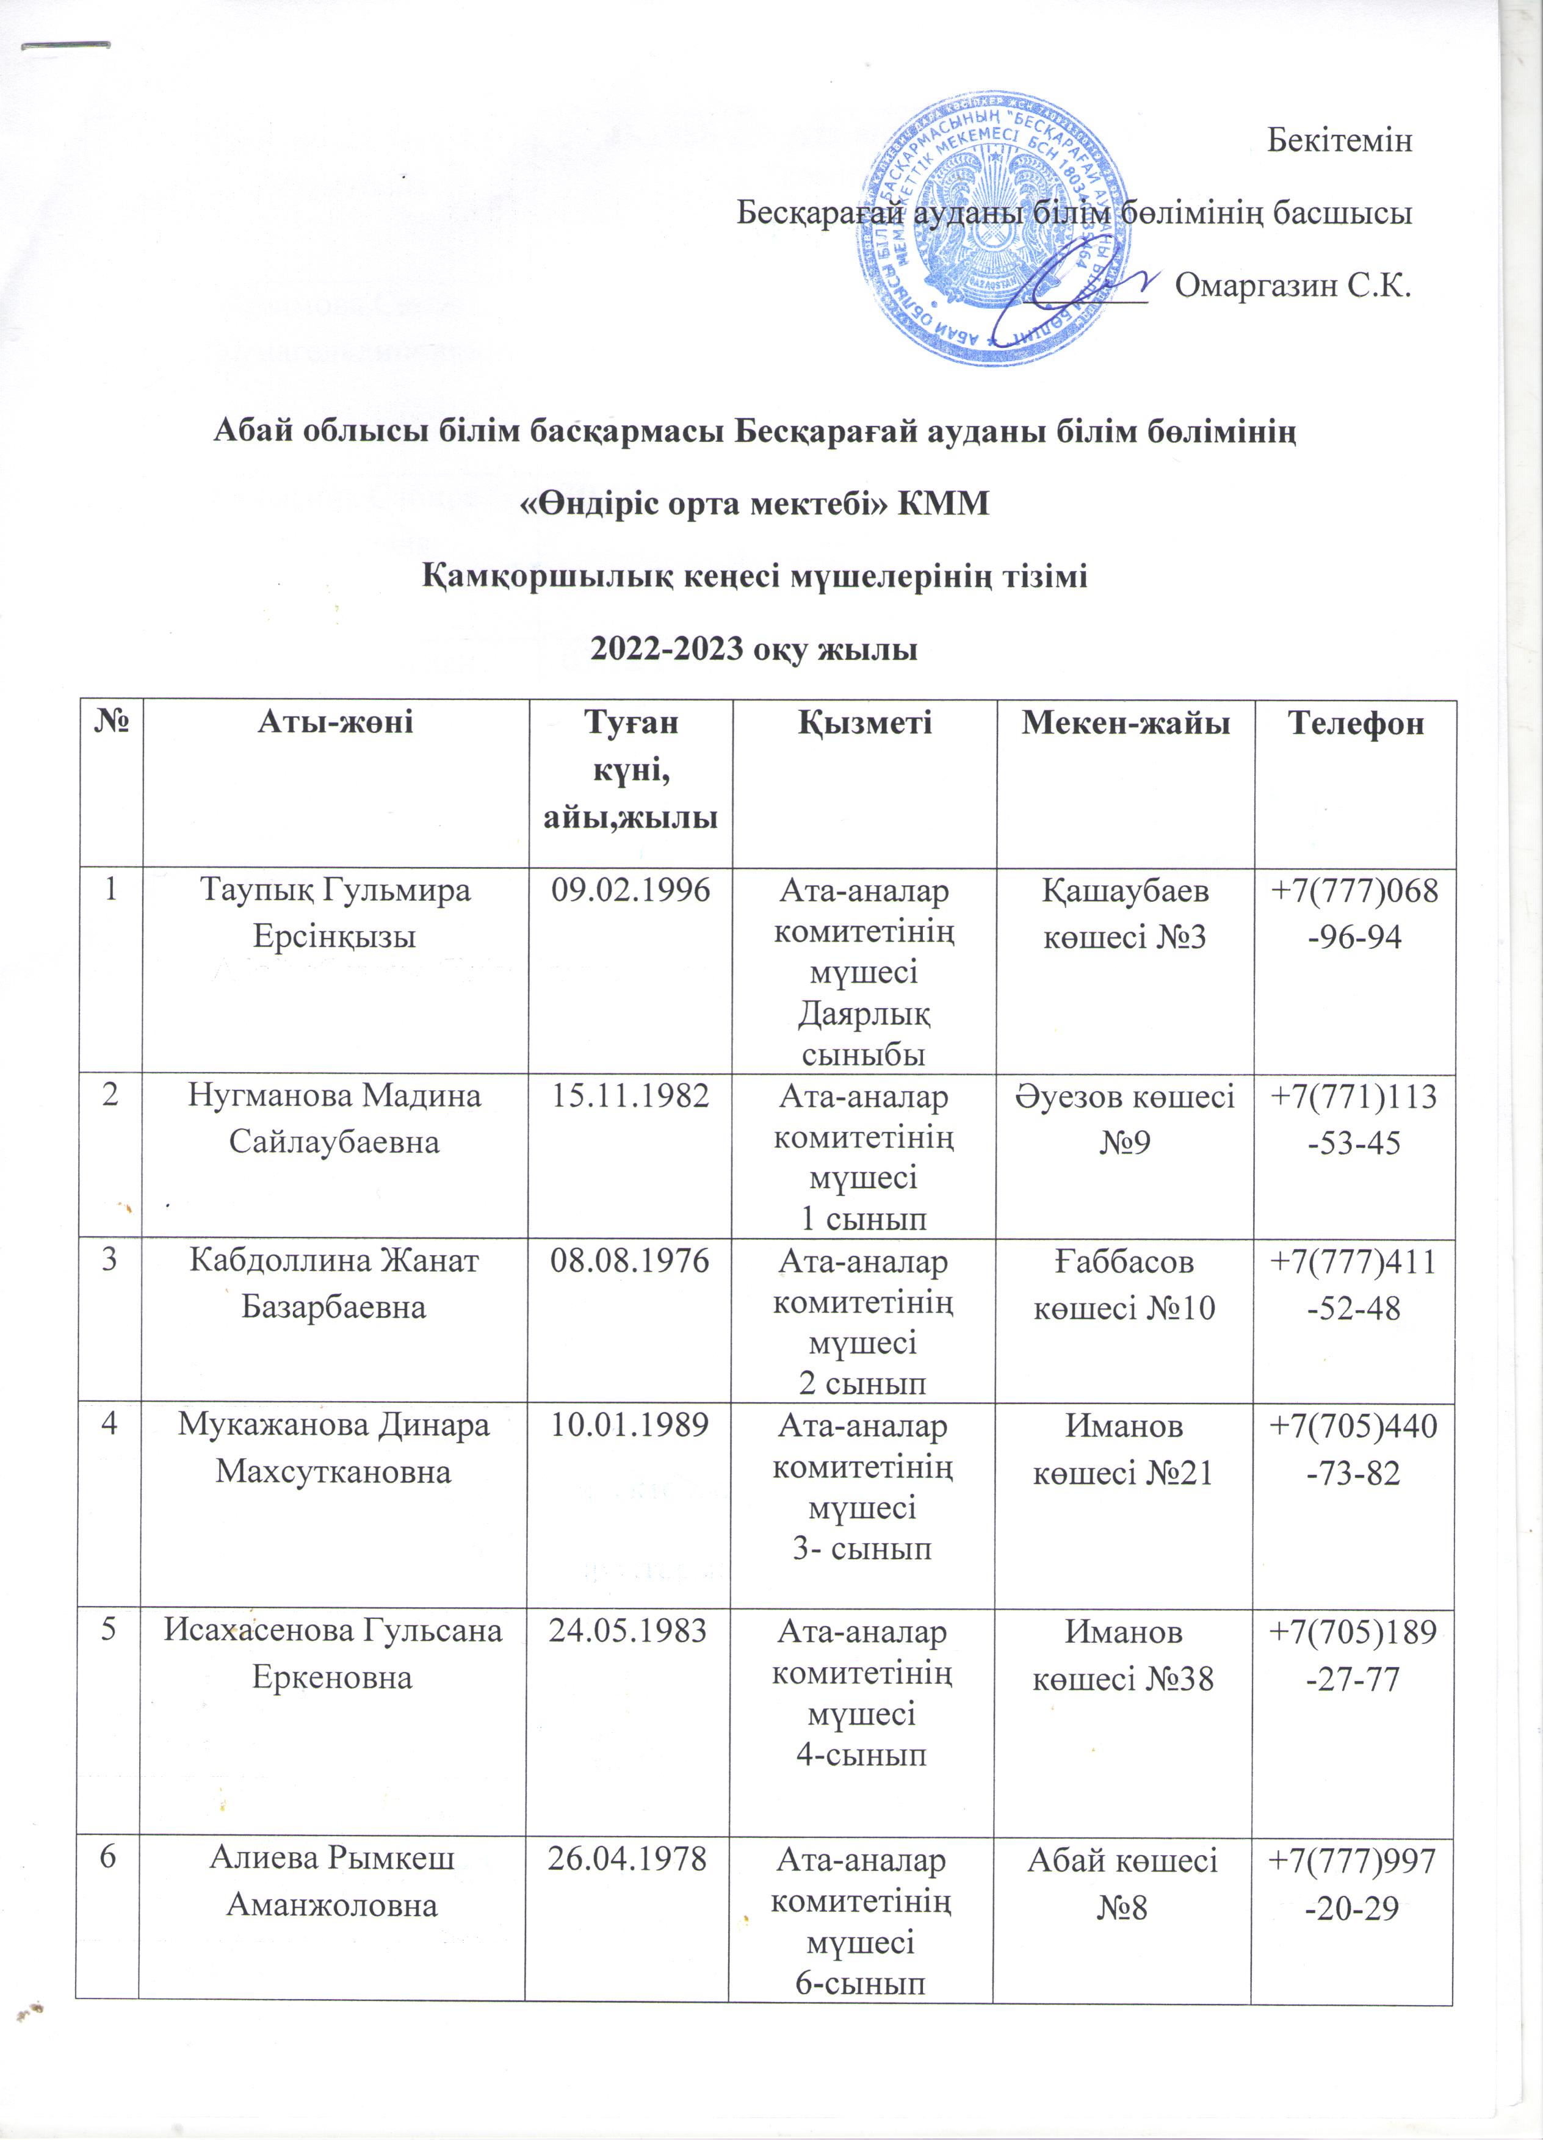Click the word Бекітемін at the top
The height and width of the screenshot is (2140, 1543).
click(1338, 140)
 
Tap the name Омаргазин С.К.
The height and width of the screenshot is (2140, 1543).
click(1293, 284)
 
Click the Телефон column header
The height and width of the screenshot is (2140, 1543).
click(1355, 724)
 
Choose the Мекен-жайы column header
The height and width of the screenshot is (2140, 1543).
click(1126, 724)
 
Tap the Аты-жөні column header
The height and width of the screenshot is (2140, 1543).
click(335, 724)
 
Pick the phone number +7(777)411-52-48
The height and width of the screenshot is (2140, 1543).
click(1353, 1284)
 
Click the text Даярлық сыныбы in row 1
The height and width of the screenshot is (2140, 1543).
click(862, 1035)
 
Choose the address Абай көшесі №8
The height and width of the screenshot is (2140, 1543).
click(1122, 1882)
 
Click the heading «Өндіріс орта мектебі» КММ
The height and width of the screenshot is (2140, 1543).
click(756, 505)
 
